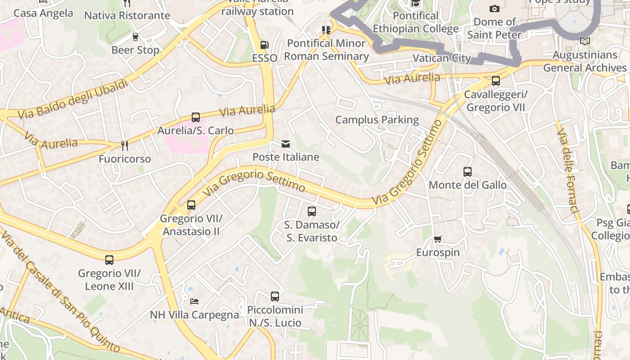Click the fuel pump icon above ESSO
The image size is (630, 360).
click(x=265, y=45)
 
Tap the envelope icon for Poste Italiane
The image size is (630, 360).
click(x=286, y=144)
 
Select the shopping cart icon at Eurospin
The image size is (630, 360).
click(x=438, y=239)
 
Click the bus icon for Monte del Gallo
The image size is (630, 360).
click(x=468, y=172)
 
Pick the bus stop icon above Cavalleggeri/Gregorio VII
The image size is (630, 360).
click(x=495, y=81)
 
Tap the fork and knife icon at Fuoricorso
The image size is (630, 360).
click(x=125, y=146)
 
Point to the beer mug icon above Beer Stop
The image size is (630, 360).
click(x=135, y=37)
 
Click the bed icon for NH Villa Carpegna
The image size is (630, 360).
click(x=194, y=301)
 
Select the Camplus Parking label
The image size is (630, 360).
click(x=377, y=120)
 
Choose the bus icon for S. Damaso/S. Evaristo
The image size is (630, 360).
click(x=311, y=211)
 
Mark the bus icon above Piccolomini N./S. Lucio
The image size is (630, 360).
click(x=275, y=297)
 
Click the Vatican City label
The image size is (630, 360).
click(x=441, y=58)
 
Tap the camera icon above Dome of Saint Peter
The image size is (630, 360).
click(x=494, y=9)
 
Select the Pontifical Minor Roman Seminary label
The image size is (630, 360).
click(x=326, y=50)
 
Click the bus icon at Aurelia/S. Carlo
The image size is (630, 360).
click(x=195, y=117)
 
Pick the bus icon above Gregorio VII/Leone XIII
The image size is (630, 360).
click(x=109, y=260)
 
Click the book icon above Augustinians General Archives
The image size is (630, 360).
click(x=585, y=41)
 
